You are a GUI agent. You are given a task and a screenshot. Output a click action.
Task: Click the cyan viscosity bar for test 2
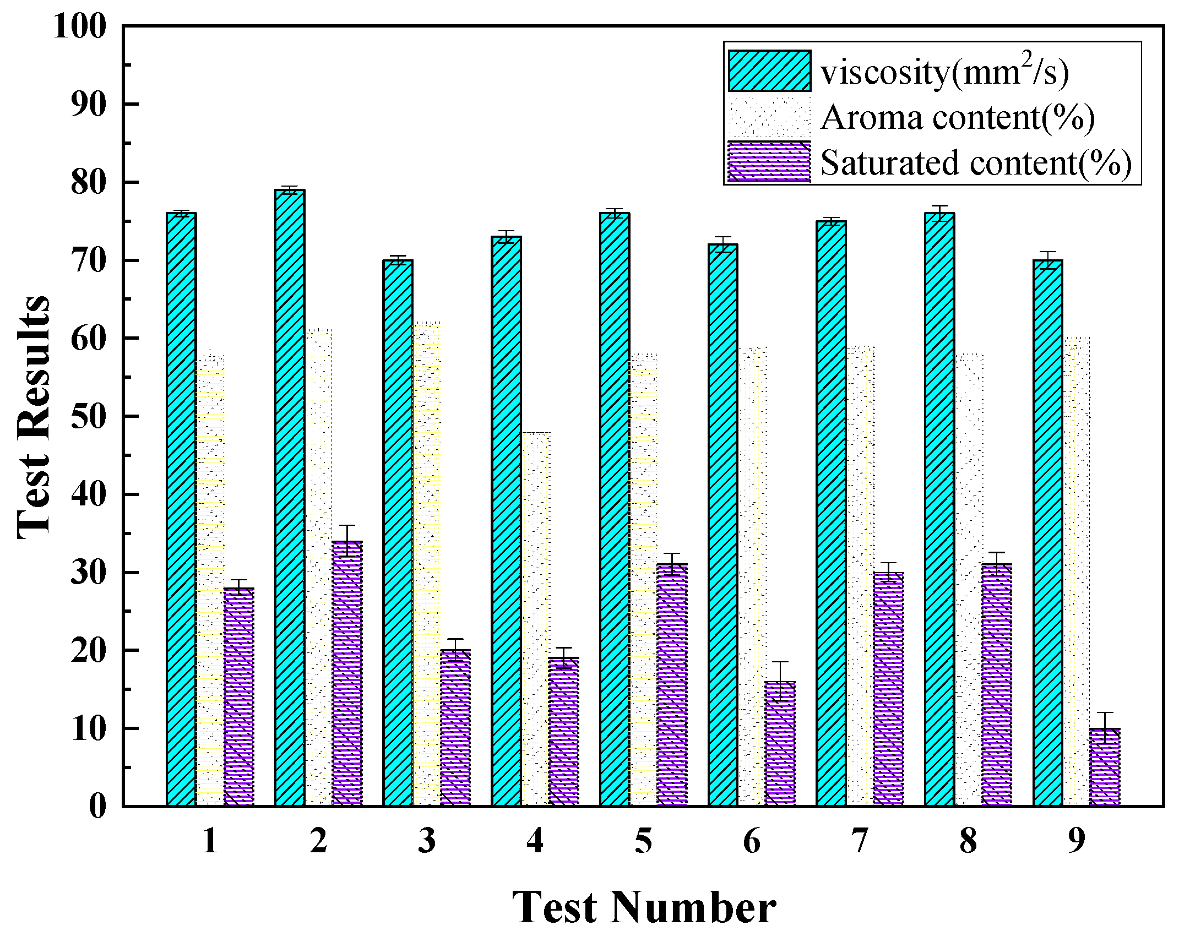290,498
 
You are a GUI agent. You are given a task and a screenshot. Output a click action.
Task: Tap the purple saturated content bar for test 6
780,744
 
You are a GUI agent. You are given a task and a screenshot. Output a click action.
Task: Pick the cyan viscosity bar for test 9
1047,533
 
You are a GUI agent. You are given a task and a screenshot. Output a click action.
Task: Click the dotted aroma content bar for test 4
536,619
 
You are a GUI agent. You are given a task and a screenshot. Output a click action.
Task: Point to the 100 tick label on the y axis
80,26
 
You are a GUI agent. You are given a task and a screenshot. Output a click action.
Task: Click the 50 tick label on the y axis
88,417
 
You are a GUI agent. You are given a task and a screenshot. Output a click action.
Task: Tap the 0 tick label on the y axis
97,807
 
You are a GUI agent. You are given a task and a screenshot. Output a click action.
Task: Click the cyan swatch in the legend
769,70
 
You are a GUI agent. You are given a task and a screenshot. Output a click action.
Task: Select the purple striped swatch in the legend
769,162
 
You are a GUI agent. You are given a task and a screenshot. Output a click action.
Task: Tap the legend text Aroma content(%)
957,117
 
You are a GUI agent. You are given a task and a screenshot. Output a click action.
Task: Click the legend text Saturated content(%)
976,163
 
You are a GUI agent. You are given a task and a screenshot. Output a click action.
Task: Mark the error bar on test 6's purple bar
780,681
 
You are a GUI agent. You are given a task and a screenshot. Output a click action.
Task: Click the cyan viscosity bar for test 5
615,509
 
